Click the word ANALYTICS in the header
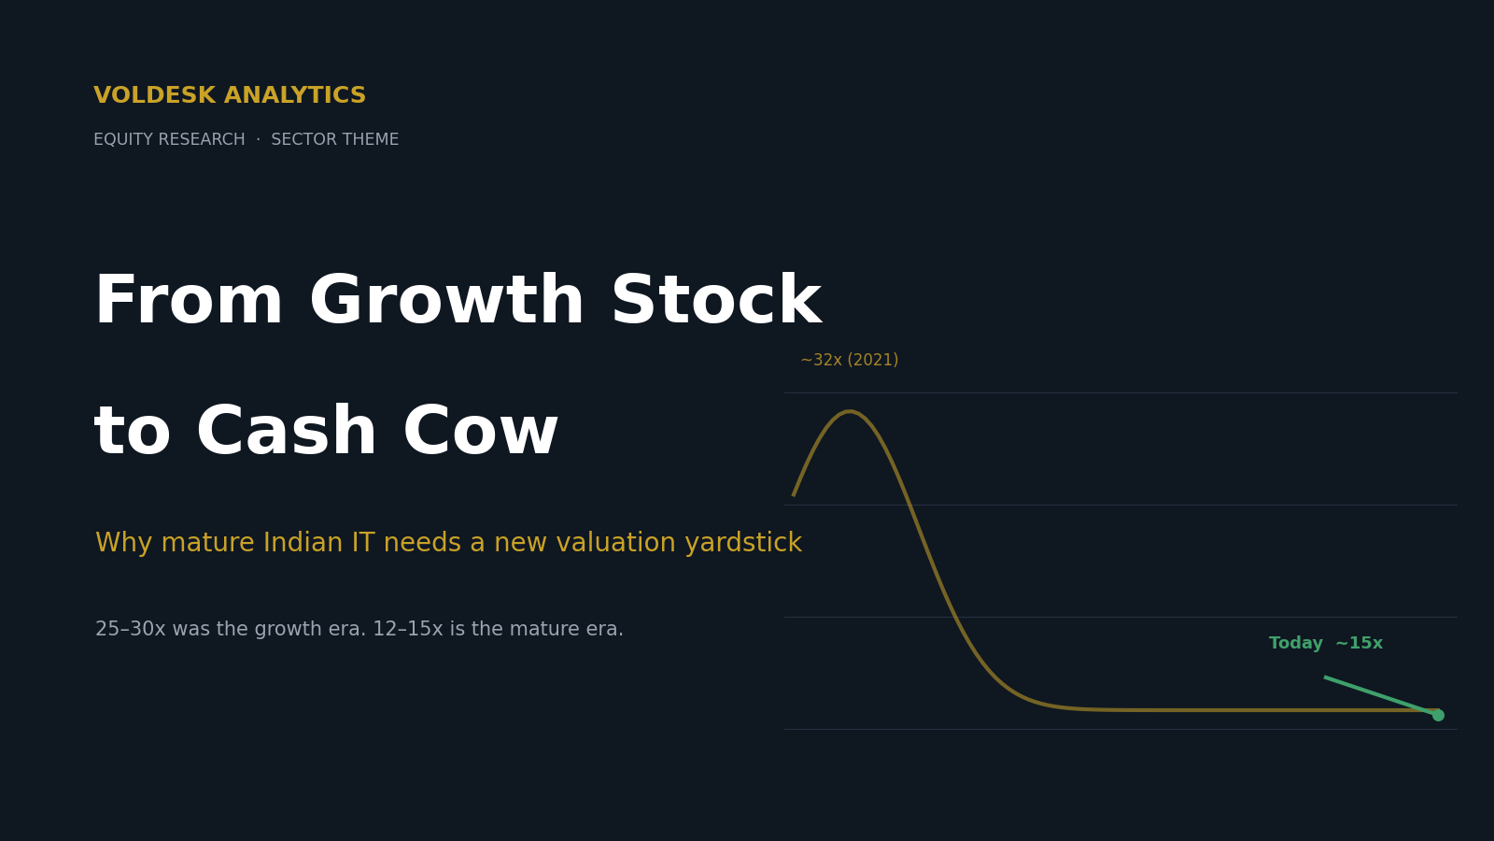coord(295,95)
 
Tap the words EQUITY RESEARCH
coord(169,139)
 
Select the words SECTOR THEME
coord(335,139)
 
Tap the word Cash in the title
coord(287,432)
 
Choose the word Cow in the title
coord(480,432)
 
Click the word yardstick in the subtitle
coord(743,543)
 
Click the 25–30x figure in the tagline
coord(130,629)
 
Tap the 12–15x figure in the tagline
coord(407,629)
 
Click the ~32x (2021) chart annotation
coord(849,361)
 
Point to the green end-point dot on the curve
coord(1438,715)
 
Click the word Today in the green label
coord(1295,644)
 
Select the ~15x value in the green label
coord(1360,644)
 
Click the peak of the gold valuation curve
coord(849,412)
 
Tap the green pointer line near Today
coord(1381,695)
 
